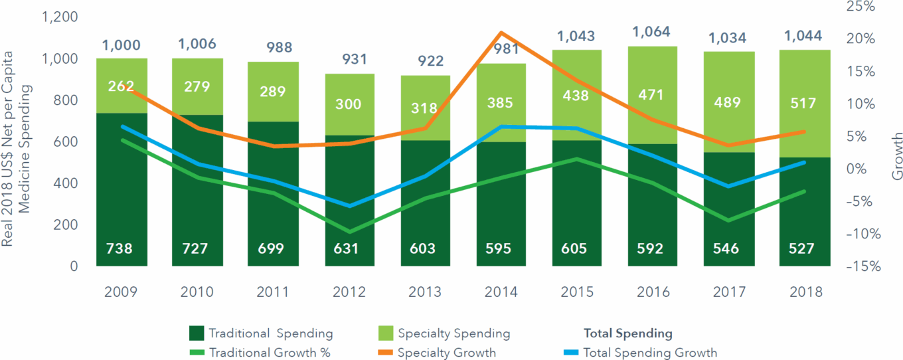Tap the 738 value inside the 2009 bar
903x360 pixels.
(120, 249)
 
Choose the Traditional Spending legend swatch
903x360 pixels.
(196, 333)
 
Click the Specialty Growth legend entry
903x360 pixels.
(446, 353)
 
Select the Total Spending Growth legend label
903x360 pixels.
(649, 353)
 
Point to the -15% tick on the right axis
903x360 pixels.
(859, 266)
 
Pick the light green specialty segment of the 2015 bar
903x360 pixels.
(575, 73)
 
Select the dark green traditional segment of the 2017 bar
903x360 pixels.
(728, 199)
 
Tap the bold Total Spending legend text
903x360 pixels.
(627, 333)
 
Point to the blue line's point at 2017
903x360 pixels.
(728, 186)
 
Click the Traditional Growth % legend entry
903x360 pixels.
(269, 353)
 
